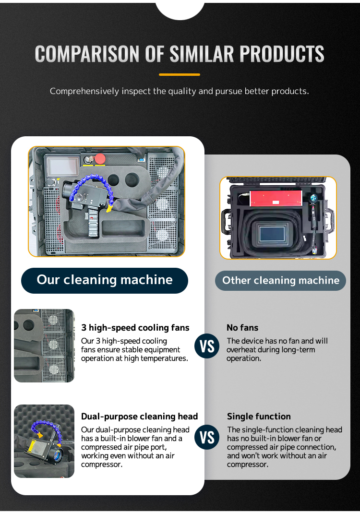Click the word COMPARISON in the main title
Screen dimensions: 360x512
(x=88, y=54)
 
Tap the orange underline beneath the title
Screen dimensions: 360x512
(x=180, y=75)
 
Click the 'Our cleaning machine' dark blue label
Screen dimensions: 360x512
(x=105, y=281)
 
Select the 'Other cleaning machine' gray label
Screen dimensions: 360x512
(x=280, y=281)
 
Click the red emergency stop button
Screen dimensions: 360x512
(x=100, y=159)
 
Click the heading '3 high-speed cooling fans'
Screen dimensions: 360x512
(x=135, y=328)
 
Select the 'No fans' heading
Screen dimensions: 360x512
(x=242, y=328)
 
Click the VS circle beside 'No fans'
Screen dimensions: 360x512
(x=207, y=346)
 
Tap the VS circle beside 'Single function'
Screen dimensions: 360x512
(x=207, y=438)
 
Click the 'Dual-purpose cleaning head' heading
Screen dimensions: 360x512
(x=140, y=417)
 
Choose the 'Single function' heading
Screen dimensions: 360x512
(x=259, y=417)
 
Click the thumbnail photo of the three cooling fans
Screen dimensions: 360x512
(x=44, y=345)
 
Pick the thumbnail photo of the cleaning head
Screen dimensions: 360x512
(x=44, y=441)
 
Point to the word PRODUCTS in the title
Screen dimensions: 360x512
(x=282, y=54)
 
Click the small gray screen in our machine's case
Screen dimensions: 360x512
(x=63, y=166)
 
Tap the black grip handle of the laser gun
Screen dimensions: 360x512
(x=93, y=223)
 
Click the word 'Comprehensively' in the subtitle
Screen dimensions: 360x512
(x=84, y=91)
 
